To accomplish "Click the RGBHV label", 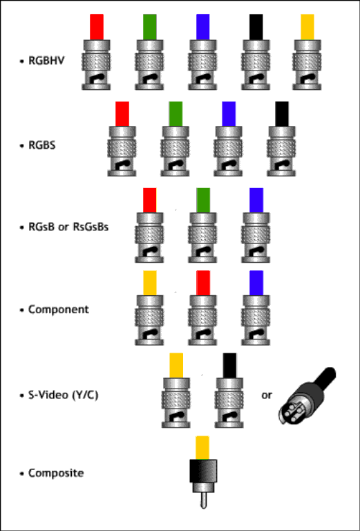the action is coord(46,61).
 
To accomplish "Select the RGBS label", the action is coord(42,145).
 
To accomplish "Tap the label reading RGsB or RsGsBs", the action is coord(68,227).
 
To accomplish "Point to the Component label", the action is coord(59,310).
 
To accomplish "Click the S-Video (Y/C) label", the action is coord(64,395).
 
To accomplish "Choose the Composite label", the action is coord(56,473).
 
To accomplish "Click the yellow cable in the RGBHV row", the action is coord(307,27).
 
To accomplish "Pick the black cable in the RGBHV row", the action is coord(256,27).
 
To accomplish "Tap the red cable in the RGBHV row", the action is coord(97,27).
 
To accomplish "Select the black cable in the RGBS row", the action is coord(282,114).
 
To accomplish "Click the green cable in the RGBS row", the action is coord(176,114).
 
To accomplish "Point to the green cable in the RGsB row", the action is coord(203,201).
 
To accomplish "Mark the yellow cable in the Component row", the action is coord(150,283).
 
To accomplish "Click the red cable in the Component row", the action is coord(203,283).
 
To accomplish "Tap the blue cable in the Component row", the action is coord(256,283).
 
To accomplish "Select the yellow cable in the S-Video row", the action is coord(176,366).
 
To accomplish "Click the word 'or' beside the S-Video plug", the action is coord(266,395).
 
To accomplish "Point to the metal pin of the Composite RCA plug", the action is coord(203,501).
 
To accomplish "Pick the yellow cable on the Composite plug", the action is coord(202,448).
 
